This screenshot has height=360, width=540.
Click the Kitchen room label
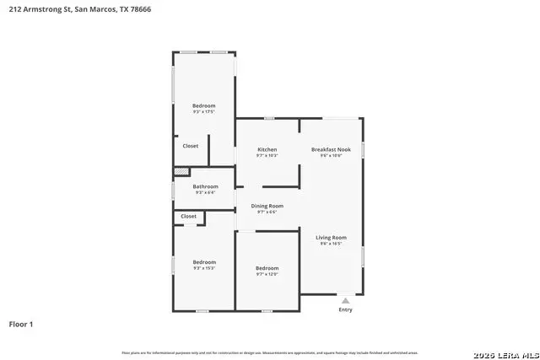267,148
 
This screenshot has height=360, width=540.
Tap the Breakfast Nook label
330,148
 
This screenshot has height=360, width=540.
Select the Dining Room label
267,206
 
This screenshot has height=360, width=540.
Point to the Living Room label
331,238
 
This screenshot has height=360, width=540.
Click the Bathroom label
205,186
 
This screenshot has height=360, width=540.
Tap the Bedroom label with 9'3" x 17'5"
203,105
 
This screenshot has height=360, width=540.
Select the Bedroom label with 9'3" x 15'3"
203,261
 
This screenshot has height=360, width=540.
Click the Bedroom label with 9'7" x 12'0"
267,268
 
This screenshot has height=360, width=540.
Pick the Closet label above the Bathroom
191,146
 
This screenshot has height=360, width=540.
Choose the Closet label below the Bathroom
189,216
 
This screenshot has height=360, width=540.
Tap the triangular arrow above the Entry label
345,300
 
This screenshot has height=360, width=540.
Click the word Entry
346,309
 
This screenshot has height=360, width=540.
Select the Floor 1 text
22,324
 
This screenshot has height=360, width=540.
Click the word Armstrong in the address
43,10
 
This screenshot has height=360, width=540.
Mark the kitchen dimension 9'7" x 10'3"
267,155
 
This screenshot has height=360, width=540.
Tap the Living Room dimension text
331,244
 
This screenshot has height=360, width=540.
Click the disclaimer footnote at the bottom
270,352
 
